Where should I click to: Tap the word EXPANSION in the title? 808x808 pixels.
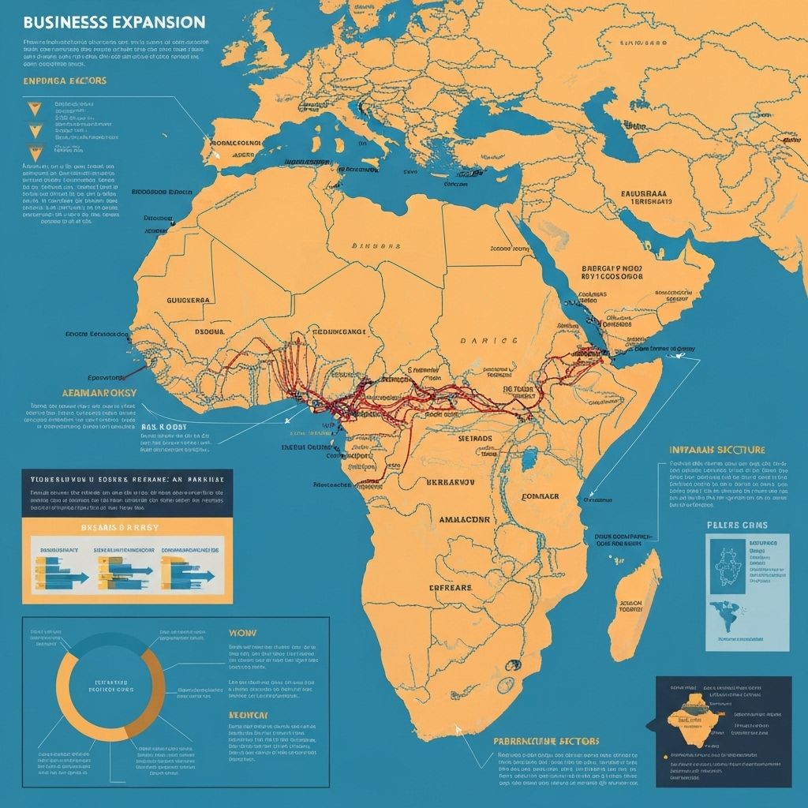coord(158,21)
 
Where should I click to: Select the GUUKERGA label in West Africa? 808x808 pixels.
coord(189,301)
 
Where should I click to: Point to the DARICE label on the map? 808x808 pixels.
coord(488,341)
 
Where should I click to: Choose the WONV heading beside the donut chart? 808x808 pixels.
coord(242,632)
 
